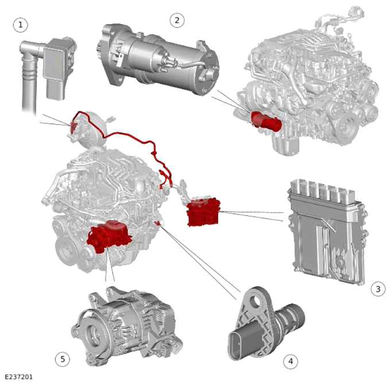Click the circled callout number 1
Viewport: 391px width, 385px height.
[21, 25]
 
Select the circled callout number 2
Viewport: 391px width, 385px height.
[177, 20]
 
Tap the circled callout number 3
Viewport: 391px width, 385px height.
[378, 289]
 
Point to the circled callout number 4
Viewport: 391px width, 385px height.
[291, 361]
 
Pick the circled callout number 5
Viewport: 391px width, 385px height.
[63, 359]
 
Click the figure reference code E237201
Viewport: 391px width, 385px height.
[19, 377]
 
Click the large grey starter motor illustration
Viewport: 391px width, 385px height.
[157, 59]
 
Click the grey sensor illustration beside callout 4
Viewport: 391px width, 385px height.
[266, 324]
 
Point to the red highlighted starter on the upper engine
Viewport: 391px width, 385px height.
[266, 121]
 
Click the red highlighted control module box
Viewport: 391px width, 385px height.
[203, 212]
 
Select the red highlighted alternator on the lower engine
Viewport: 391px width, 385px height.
[109, 236]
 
